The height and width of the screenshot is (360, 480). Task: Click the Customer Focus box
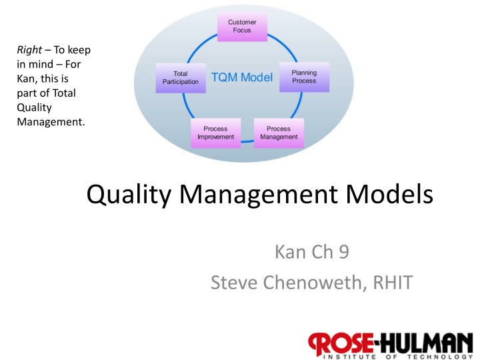(242, 27)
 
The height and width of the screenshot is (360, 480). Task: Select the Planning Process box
(304, 77)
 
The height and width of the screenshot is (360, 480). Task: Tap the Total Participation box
(181, 78)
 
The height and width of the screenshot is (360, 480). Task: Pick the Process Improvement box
(216, 133)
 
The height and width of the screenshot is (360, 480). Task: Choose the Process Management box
(279, 133)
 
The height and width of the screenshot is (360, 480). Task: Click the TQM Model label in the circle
(242, 77)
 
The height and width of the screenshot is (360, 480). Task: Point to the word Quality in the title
(129, 195)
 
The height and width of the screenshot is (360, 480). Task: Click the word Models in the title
(389, 194)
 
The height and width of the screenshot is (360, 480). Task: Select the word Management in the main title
(259, 195)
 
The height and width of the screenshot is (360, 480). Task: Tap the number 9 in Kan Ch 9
(344, 252)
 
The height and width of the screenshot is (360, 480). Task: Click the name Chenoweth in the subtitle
(315, 282)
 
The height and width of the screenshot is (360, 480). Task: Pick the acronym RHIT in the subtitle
(393, 282)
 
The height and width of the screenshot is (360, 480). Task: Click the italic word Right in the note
(29, 50)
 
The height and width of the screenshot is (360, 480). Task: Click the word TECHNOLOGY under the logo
(440, 357)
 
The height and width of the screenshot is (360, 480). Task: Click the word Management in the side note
(51, 122)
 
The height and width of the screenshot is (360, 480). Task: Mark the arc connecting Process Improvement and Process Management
(247, 141)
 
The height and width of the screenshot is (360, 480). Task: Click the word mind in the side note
(41, 64)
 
